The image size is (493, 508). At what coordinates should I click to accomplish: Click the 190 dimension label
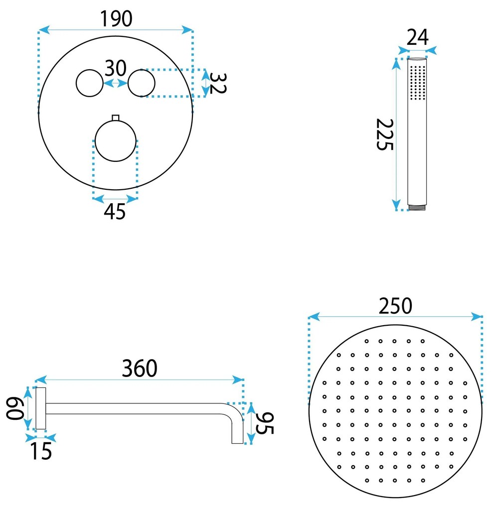click(x=116, y=19)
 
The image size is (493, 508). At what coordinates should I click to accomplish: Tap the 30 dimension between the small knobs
click(x=115, y=68)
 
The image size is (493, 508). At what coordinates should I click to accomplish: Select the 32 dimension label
click(x=217, y=83)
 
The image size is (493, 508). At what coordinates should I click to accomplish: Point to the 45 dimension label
click(x=115, y=212)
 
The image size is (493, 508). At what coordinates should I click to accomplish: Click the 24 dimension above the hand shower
click(x=417, y=37)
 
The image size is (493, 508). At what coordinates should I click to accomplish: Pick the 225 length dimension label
click(x=384, y=134)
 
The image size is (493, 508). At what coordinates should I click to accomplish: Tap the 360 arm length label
click(x=140, y=369)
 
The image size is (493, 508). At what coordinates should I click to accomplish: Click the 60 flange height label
click(x=15, y=409)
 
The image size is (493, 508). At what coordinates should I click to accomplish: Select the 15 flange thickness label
click(x=41, y=451)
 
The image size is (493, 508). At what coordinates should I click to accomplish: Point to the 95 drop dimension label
click(x=265, y=423)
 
